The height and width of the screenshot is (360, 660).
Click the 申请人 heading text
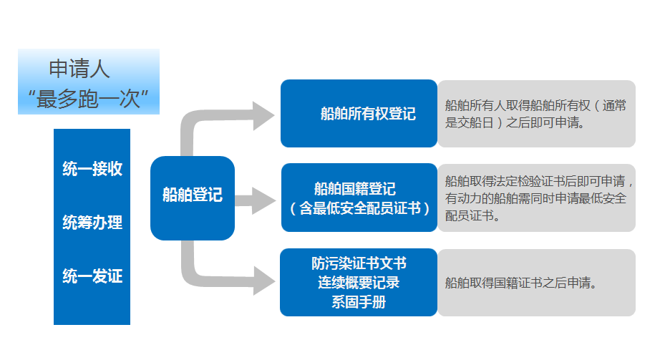coord(79,69)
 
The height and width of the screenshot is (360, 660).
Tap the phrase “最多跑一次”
coord(88,99)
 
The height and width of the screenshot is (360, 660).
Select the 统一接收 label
coord(92,168)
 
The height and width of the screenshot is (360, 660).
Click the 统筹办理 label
coord(92,223)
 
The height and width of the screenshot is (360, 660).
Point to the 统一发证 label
coord(92,276)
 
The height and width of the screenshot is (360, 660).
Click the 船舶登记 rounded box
coord(193,198)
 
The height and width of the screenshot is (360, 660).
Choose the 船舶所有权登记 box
coord(359,113)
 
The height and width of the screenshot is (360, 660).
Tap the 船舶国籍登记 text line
coord(355,189)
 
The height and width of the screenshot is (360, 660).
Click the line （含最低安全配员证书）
coord(360,208)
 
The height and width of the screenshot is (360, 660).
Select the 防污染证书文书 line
coord(359,263)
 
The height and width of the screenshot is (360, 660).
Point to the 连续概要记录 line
coord(359,283)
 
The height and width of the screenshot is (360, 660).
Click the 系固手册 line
coord(359,302)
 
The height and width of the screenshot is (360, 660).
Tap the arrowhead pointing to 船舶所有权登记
coord(264,116)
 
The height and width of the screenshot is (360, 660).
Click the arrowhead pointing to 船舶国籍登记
coord(264,201)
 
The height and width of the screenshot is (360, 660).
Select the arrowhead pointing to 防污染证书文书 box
coord(264,281)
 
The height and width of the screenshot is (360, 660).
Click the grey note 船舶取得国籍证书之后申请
coord(521,283)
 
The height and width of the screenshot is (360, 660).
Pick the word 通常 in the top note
coord(614,106)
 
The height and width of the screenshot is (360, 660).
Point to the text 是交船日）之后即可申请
coord(515,123)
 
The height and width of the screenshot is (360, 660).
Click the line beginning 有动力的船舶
coord(536,198)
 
